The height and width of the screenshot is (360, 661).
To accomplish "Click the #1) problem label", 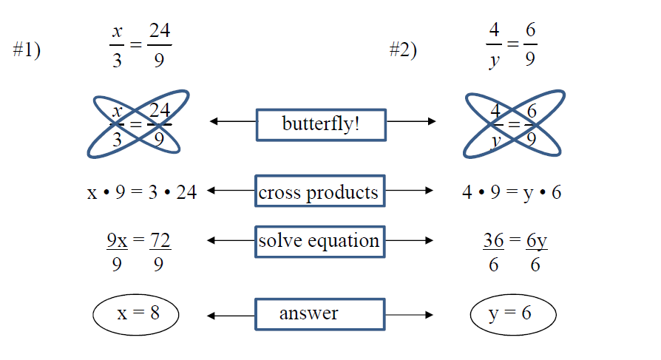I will click(27, 50).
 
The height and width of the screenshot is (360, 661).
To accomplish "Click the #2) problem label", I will click(403, 50).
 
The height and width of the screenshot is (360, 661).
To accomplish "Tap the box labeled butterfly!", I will click(320, 124).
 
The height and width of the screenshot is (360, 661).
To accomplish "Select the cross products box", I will click(319, 193).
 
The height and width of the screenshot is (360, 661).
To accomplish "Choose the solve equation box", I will click(319, 241).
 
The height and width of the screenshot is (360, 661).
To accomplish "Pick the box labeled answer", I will click(319, 314).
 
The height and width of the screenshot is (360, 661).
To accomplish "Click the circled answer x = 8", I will click(138, 314).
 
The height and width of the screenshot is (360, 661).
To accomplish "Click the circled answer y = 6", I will click(512, 314).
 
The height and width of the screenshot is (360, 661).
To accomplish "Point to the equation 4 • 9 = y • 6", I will click(512, 193).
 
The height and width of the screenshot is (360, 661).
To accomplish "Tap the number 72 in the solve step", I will click(160, 240).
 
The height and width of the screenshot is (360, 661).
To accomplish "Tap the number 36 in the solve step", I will click(493, 240).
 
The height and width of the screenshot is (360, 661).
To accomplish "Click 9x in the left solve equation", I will click(117, 240).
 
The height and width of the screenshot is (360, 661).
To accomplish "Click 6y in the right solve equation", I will click(536, 240).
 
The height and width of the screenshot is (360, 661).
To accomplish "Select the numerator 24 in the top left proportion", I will click(160, 32).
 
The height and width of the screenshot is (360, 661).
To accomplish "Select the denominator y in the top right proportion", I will click(493, 61).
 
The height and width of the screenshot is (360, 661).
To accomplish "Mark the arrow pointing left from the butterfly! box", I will click(232, 121).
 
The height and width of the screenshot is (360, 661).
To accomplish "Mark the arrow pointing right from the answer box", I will click(409, 316).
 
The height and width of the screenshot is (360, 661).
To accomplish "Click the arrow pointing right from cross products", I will click(409, 191).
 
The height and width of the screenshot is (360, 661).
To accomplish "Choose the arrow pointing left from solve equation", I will click(232, 240).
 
